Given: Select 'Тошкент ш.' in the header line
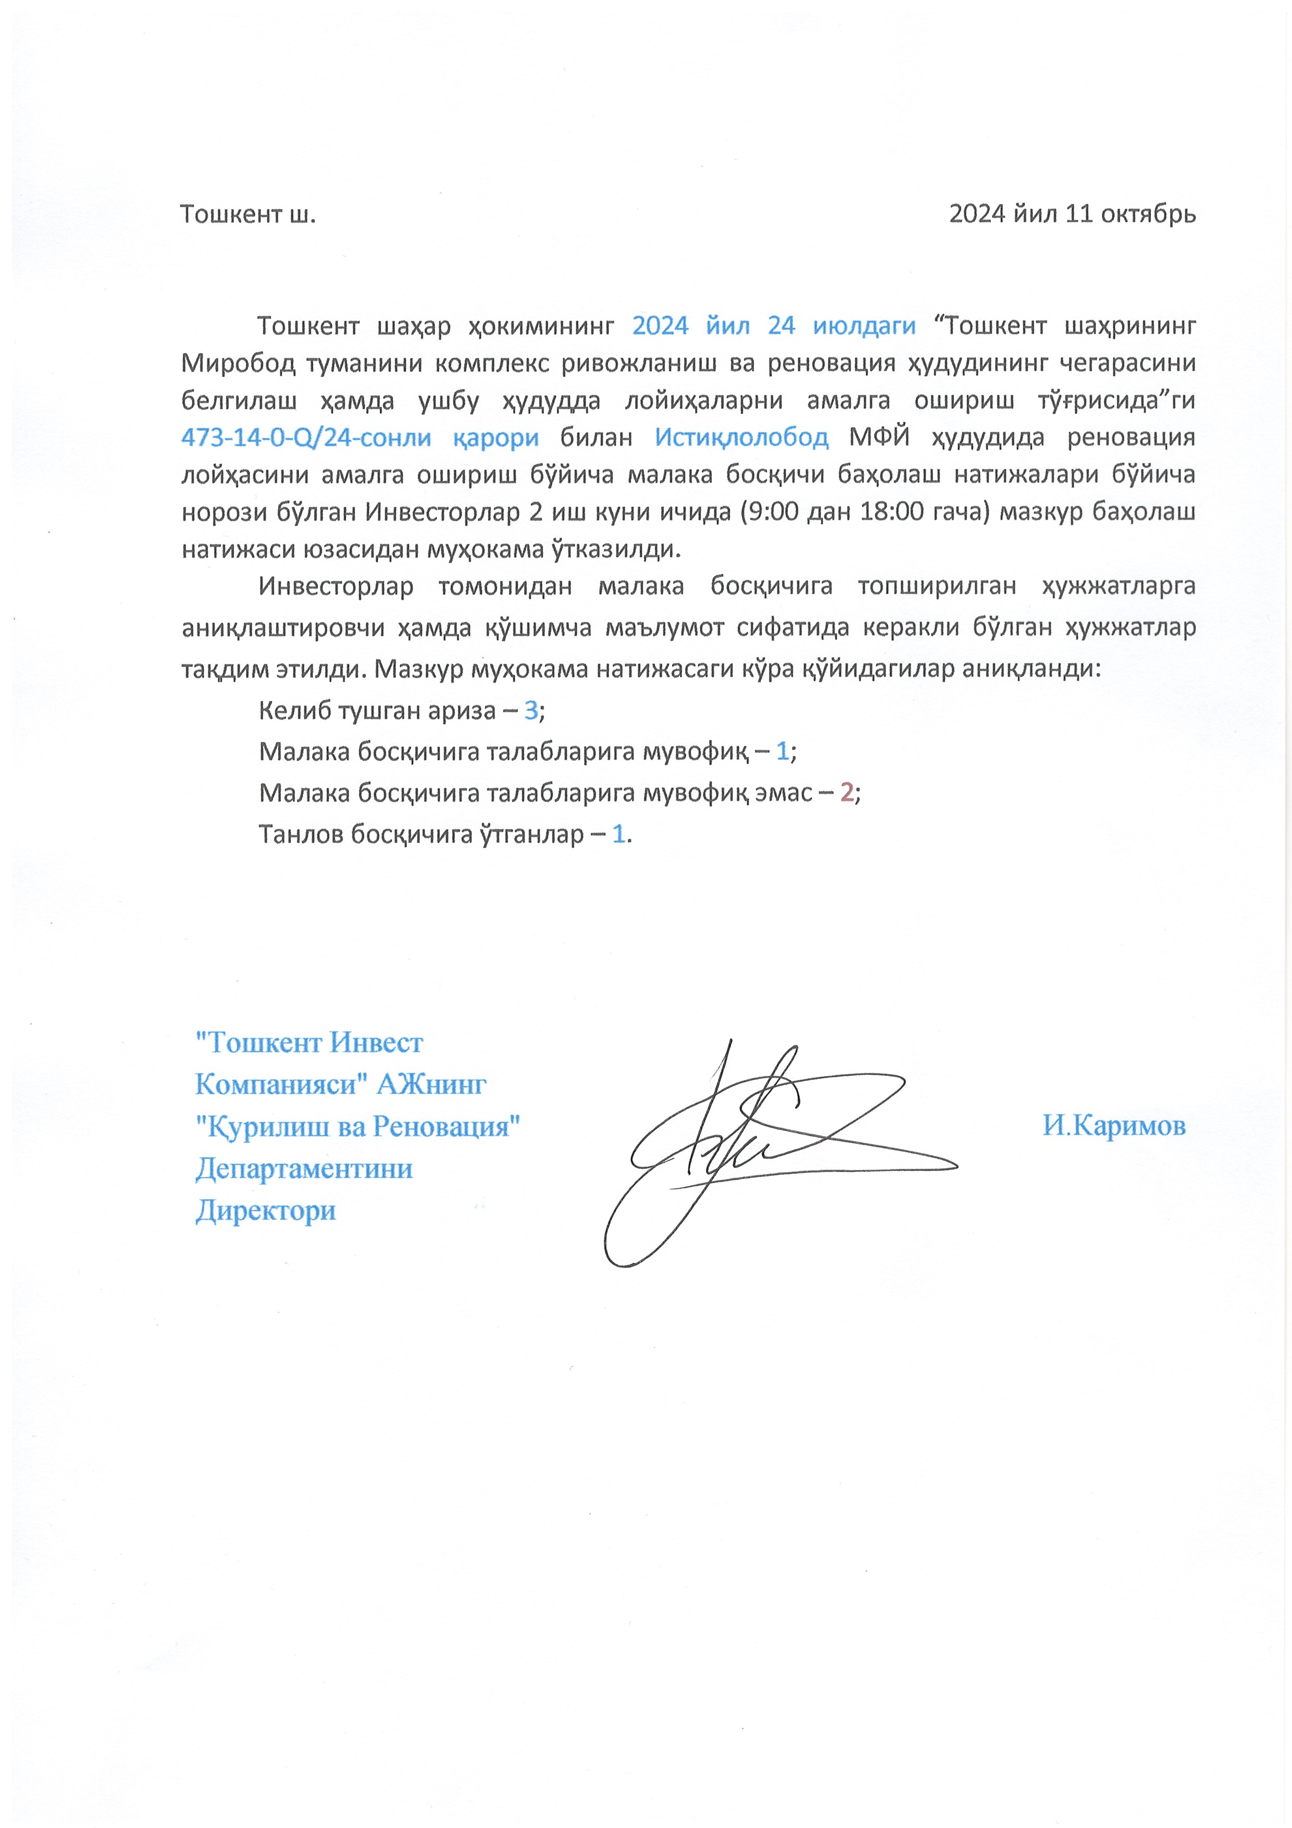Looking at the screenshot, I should click(x=247, y=214).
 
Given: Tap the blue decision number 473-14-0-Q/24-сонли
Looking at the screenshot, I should click(x=306, y=437).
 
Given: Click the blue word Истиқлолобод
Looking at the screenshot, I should click(x=741, y=437).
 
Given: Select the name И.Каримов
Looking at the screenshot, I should click(x=1114, y=1125).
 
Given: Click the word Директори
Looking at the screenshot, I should click(x=265, y=1210).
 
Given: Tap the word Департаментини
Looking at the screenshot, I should click(x=304, y=1168).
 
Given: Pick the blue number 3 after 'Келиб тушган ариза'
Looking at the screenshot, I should click(x=531, y=710).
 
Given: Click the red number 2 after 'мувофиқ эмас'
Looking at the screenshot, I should click(x=847, y=792).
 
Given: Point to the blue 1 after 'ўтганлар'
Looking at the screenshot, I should click(x=618, y=834).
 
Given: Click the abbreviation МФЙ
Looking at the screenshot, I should click(x=879, y=437).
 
